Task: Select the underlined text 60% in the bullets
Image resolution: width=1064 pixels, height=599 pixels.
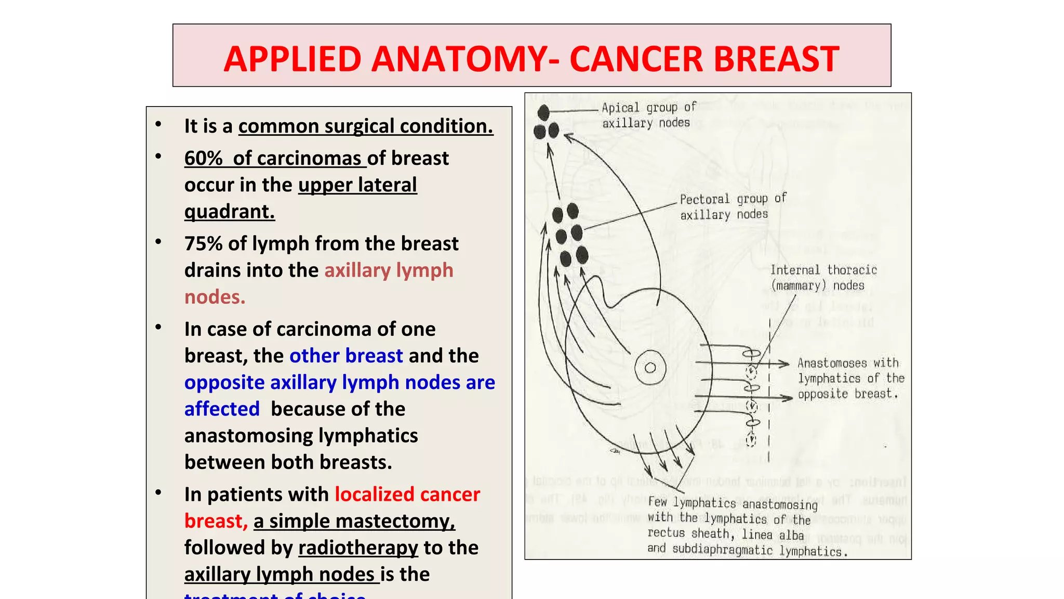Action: (x=203, y=158)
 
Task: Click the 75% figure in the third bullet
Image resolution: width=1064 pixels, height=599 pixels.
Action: (x=203, y=243)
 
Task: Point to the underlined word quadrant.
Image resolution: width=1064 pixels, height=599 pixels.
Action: (x=229, y=212)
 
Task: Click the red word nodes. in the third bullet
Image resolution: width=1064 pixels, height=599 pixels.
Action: (x=215, y=297)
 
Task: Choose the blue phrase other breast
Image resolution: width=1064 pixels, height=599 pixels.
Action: (x=346, y=356)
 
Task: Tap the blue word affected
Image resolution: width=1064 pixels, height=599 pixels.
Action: (x=222, y=409)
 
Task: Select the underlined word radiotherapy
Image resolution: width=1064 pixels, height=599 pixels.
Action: (x=358, y=548)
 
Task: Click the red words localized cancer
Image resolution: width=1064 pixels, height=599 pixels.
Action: (x=407, y=494)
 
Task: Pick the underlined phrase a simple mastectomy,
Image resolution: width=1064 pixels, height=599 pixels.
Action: (x=354, y=521)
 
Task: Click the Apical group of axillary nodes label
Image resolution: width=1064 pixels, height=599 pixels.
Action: (x=648, y=115)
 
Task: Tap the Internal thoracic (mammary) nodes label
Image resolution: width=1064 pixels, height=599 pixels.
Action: (x=823, y=277)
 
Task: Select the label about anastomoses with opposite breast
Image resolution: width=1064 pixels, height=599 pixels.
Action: (x=850, y=378)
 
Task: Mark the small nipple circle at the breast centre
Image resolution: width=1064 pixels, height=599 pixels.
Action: (x=650, y=368)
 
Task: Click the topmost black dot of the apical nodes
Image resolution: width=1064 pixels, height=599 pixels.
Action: (x=543, y=112)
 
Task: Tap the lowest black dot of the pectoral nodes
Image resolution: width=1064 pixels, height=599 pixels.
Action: (x=582, y=255)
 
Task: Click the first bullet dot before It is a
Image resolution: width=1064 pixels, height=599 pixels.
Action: (x=158, y=125)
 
